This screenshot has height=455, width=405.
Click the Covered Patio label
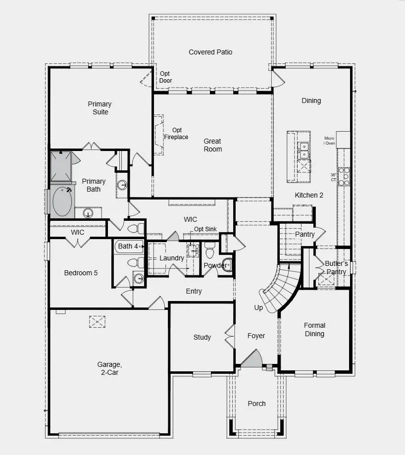coord(210,52)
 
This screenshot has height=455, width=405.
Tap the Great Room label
coord(213,145)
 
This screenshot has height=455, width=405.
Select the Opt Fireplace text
coord(176,134)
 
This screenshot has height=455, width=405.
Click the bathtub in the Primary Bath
coord(62,202)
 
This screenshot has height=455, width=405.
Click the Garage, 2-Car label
coord(109,368)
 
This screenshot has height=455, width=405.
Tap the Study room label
coord(202,337)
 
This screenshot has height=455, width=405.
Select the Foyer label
coord(256,336)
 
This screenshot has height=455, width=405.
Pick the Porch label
coord(256,404)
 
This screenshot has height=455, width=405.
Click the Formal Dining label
coord(314,329)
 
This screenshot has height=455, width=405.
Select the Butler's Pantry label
coord(336,267)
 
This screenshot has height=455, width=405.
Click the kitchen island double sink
coord(303,151)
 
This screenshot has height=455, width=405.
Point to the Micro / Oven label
coord(330,141)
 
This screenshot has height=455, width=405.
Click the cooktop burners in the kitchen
coord(344,176)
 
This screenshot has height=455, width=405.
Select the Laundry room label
coord(172,258)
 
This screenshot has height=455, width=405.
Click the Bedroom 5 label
coord(81,273)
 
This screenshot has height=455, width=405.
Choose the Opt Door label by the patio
coord(165,77)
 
